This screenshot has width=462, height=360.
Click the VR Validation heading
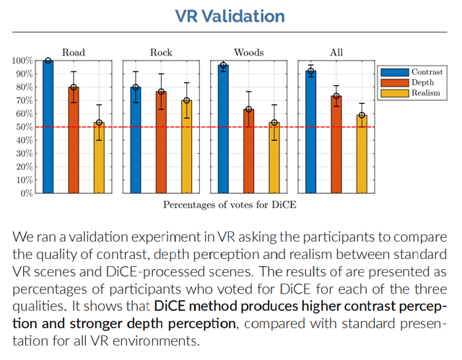pyautogui.click(x=231, y=17)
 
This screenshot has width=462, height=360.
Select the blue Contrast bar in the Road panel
pyautogui.click(x=48, y=127)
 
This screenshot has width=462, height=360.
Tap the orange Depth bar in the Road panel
pyautogui.click(x=74, y=140)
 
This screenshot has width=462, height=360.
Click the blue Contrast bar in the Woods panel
pyautogui.click(x=224, y=129)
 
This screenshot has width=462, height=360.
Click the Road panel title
pyautogui.click(x=74, y=52)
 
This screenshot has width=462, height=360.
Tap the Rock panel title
pyautogui.click(x=161, y=52)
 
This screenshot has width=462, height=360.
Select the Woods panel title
pyautogui.click(x=248, y=52)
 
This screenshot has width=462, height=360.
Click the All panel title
pyautogui.click(x=336, y=52)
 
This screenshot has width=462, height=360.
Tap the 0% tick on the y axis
pyautogui.click(x=26, y=193)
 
